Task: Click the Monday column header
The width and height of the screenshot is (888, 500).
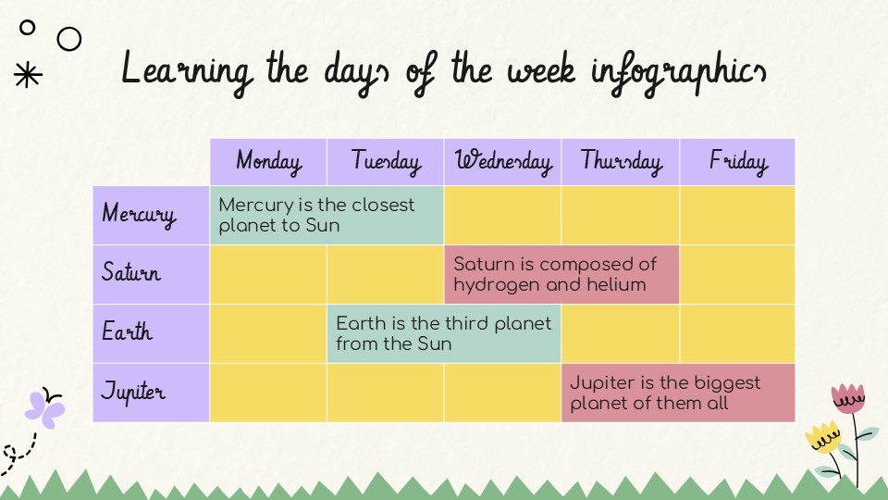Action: (268, 162)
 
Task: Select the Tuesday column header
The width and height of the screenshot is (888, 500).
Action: (386, 162)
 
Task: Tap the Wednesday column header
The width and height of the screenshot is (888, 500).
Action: (503, 162)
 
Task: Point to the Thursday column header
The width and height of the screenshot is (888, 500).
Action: (621, 162)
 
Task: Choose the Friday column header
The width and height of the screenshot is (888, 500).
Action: (737, 162)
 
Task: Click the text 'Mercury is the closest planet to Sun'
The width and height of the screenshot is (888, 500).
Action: (316, 215)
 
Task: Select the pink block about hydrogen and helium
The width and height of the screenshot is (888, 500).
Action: (561, 274)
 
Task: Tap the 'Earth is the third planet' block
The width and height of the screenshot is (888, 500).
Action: (444, 333)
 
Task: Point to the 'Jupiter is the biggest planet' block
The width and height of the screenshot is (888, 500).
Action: (677, 393)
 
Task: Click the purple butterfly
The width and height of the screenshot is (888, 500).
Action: (44, 407)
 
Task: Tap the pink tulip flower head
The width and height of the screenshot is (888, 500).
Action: (847, 399)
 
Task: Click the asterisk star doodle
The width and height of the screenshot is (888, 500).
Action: (29, 76)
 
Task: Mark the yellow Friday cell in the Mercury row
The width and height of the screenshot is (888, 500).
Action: (737, 215)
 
